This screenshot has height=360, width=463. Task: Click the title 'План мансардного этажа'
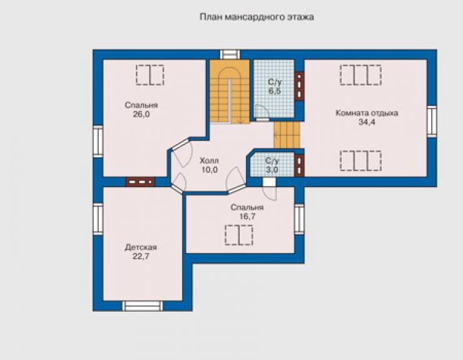(257, 17)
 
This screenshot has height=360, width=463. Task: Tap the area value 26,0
(141, 115)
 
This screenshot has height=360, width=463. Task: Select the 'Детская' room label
(141, 247)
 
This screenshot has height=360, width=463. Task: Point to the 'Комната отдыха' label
(367, 113)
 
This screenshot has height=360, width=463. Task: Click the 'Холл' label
(210, 161)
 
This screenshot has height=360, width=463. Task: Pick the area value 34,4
(367, 121)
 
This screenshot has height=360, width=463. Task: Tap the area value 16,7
(247, 217)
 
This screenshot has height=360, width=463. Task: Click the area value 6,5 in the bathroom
(275, 91)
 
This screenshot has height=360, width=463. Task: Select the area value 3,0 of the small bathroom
(272, 170)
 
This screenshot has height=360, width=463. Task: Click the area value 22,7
(141, 256)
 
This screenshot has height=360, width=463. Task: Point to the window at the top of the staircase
(230, 54)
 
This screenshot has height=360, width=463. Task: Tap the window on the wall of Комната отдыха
(432, 121)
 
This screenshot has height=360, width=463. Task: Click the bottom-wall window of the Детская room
(143, 306)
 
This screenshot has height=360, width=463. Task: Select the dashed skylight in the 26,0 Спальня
(150, 75)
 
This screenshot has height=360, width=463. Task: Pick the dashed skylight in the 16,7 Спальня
(239, 235)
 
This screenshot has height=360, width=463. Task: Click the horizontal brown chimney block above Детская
(140, 182)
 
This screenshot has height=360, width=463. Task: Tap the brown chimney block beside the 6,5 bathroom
(300, 86)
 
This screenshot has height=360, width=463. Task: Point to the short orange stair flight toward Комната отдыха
(287, 135)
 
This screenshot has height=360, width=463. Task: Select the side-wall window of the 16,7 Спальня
(299, 219)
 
